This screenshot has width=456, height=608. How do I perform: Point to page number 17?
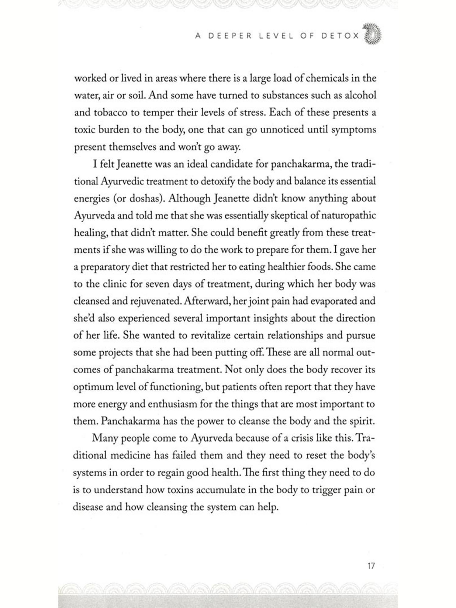click(371, 566)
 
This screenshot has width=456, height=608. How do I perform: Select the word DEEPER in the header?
click(230, 36)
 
